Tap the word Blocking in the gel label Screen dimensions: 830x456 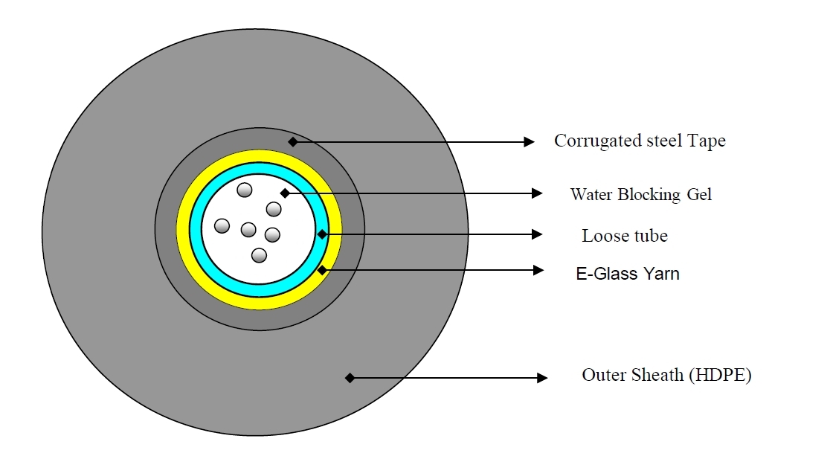click(649, 195)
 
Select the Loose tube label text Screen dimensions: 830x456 click(625, 236)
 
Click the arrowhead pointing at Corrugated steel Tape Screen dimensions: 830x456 click(529, 142)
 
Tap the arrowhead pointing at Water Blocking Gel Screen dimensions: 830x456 click(537, 193)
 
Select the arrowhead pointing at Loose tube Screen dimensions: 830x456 click(537, 234)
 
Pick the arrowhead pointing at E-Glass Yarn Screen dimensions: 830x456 click(538, 270)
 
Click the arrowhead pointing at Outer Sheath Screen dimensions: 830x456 click(541, 378)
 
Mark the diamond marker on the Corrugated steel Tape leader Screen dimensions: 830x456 click(293, 141)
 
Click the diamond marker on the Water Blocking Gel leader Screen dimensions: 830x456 click(285, 193)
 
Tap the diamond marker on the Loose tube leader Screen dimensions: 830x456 click(322, 234)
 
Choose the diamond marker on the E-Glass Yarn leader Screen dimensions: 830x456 click(322, 270)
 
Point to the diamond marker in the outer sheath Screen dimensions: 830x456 click(350, 378)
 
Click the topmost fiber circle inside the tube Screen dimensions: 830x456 click(245, 190)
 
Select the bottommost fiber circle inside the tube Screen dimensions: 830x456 click(259, 255)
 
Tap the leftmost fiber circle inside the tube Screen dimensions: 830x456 click(222, 226)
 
